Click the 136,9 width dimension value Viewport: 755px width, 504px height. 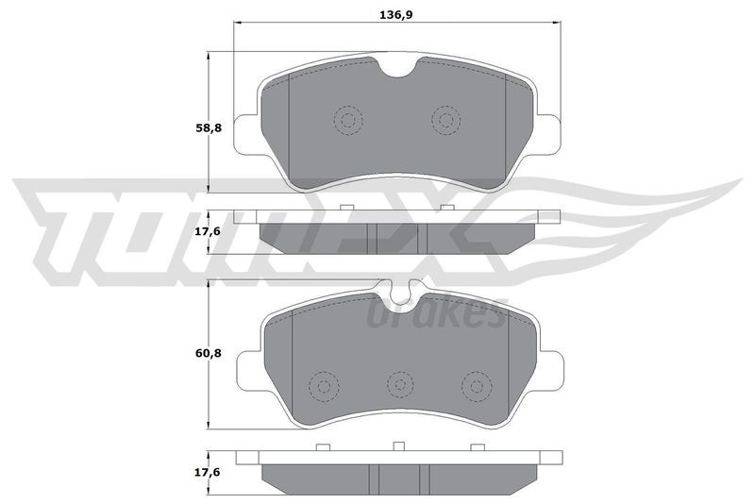[396, 15]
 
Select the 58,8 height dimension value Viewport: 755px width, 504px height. [208, 129]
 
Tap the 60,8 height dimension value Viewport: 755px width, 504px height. [208, 353]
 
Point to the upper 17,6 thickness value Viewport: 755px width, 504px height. [208, 231]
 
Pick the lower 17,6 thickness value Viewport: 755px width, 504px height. [208, 473]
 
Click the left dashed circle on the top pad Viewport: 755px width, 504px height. [348, 120]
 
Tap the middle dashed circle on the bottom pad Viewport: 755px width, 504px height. [400, 385]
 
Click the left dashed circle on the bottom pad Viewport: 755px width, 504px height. [324, 386]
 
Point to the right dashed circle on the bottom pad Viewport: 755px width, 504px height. [477, 387]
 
